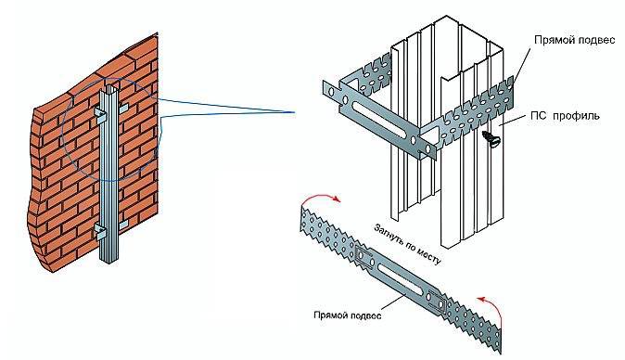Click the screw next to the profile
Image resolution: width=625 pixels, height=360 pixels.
(x=490, y=138)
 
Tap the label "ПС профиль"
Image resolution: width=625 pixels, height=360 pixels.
(x=565, y=116)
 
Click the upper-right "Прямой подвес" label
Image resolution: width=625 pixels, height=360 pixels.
(x=574, y=40)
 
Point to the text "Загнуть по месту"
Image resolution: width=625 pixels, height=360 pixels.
(x=407, y=244)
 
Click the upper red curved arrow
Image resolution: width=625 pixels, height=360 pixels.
(x=320, y=199)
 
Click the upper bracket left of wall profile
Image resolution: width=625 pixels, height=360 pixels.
(x=100, y=114)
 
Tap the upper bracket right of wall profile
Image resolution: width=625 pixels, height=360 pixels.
(x=123, y=108)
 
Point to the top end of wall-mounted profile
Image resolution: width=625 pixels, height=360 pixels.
(x=110, y=86)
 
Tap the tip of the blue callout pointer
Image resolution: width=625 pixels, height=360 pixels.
(x=295, y=112)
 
